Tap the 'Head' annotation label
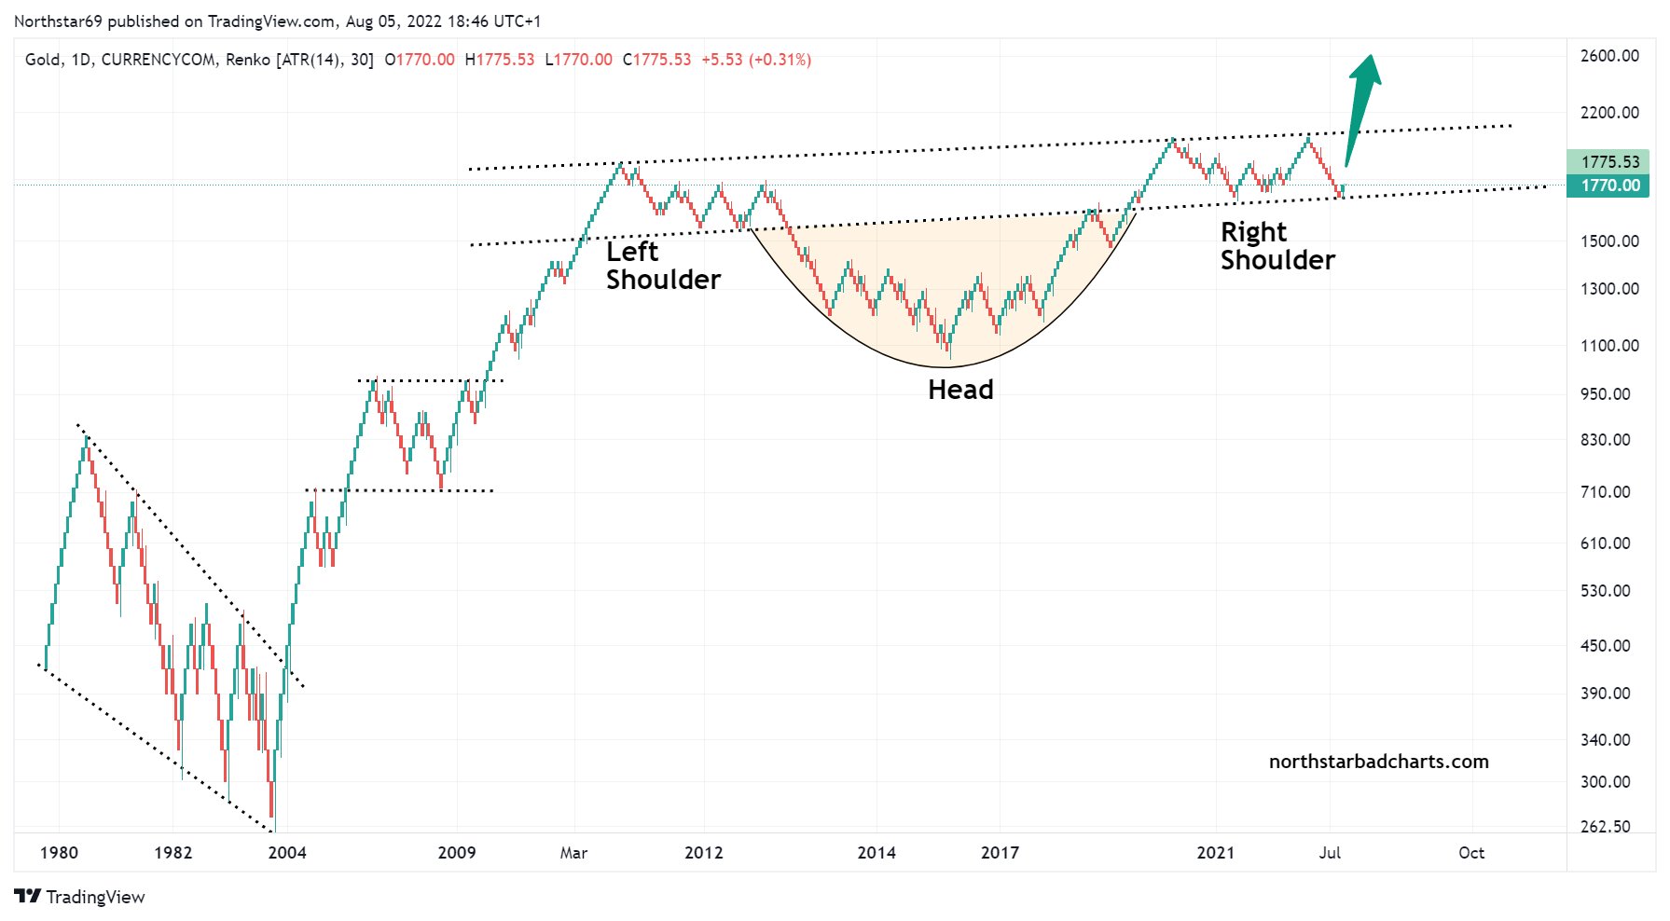[960, 390]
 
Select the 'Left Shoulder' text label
[663, 266]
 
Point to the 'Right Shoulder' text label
[1277, 246]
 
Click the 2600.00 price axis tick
[1609, 56]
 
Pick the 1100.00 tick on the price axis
[1609, 346]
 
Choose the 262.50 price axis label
[1606, 827]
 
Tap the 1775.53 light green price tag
[1609, 162]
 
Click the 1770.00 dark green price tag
[1609, 186]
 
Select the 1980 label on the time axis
[59, 853]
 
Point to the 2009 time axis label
[457, 853]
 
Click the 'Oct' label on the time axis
[1471, 853]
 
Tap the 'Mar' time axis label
[573, 853]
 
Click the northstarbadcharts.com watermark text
[1378, 762]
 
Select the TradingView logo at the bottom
[80, 897]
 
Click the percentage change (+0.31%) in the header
[780, 60]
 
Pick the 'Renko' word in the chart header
[248, 60]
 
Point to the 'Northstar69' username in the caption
[58, 21]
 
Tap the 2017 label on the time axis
[1000, 853]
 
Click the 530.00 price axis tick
[1606, 591]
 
